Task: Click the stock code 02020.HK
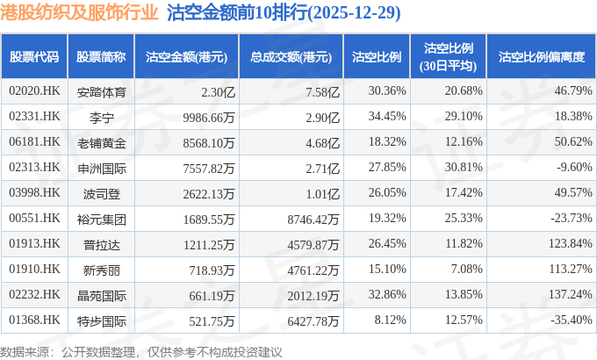coord(34,91)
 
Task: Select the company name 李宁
coord(101,116)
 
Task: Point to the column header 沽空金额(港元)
coord(186,57)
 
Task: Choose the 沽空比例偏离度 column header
coord(541,57)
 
